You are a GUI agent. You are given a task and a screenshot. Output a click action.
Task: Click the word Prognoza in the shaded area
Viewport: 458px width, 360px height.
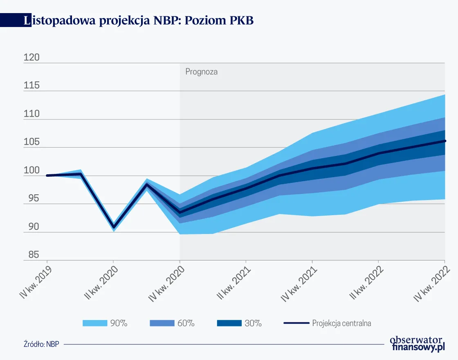(201, 72)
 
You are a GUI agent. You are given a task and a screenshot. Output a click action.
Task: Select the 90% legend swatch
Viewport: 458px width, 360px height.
(94, 323)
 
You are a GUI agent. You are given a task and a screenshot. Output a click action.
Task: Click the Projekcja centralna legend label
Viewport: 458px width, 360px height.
(341, 323)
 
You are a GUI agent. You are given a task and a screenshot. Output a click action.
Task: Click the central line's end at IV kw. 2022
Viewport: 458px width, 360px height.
(445, 141)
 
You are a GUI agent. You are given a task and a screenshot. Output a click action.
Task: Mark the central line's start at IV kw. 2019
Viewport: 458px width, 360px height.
(47, 175)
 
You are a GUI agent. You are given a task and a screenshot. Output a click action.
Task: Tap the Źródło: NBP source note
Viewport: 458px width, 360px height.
(41, 344)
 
